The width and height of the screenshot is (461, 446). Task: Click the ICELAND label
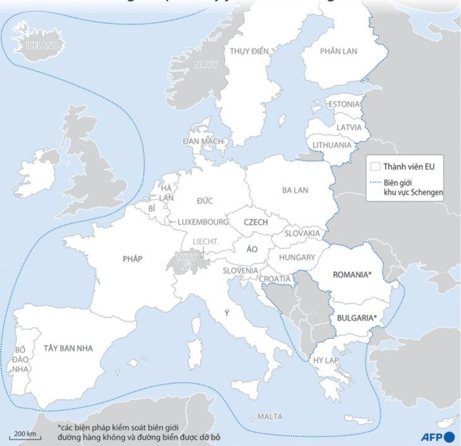click(41, 46)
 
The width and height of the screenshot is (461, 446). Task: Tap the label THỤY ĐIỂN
click(249, 51)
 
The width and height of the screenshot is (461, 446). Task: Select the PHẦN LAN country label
click(338, 51)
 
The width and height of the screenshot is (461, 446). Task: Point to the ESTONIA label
click(344, 104)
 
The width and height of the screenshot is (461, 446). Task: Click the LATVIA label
click(349, 127)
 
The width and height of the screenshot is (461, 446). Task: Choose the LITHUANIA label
click(332, 145)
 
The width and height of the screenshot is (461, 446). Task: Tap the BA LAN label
click(295, 189)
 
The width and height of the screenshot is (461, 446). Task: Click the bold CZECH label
click(255, 223)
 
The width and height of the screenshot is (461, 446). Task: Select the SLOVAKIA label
click(302, 233)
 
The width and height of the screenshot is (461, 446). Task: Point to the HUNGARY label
click(297, 257)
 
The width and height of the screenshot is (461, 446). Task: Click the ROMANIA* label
click(351, 275)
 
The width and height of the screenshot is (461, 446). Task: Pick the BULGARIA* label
click(357, 318)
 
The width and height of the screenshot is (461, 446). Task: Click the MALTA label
click(270, 417)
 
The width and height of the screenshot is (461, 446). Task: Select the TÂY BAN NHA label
click(68, 348)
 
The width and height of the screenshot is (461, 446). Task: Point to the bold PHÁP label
click(133, 258)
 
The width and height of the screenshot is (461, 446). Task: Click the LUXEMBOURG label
click(202, 222)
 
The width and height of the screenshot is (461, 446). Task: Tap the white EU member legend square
click(375, 167)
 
